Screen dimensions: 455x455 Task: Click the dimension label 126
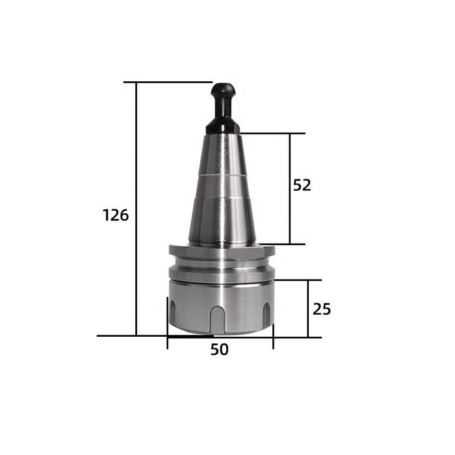[116, 215]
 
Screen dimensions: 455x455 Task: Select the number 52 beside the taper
[302, 185]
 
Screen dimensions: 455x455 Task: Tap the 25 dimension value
[321, 309]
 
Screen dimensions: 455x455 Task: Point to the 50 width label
[220, 350]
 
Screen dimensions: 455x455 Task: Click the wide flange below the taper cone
[222, 250]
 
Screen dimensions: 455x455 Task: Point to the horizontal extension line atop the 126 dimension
[169, 83]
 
